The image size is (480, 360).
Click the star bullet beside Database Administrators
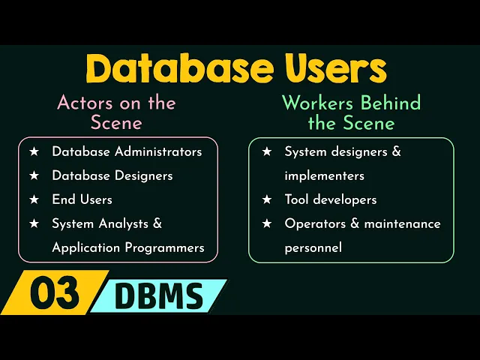click(x=34, y=151)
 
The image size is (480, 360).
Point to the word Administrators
click(x=161, y=151)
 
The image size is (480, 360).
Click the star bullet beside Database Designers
click(x=34, y=175)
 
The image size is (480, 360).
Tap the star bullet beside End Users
click(x=34, y=199)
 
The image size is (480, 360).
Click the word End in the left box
click(x=62, y=199)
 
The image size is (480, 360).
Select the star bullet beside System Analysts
click(x=34, y=223)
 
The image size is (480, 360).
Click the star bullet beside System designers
click(x=267, y=151)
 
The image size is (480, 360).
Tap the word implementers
click(x=324, y=175)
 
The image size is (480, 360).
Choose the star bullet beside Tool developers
click(x=267, y=199)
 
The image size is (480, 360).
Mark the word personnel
click(x=313, y=247)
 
